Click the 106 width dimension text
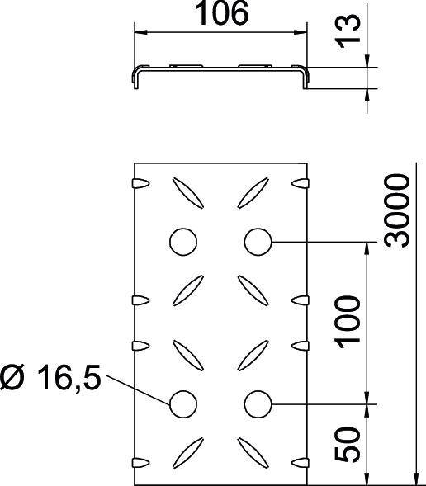221,16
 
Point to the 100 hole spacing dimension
349,319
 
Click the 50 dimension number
349,445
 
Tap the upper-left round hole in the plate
183,242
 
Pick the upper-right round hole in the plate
259,242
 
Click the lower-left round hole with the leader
183,403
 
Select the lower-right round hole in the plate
259,403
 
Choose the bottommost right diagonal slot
253,451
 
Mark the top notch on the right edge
302,181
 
